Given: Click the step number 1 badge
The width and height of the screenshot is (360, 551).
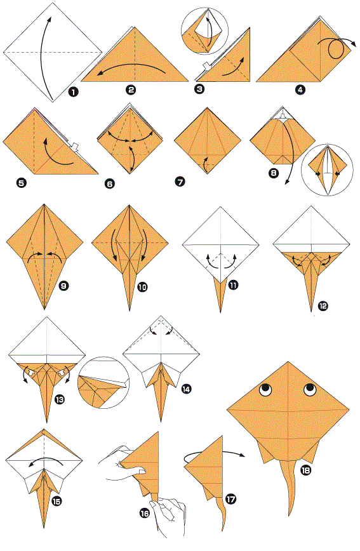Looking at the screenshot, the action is pos(74,92).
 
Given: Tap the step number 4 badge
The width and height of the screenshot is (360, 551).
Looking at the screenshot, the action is pos(300,90).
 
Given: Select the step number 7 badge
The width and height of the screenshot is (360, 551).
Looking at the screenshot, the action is pos(180,182).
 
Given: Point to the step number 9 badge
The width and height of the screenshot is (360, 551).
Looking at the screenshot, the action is pos(63,286).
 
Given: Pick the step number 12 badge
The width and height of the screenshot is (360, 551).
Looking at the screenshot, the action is pos(323,306).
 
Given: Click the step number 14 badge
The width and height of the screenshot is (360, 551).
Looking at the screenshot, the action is pos(186,389).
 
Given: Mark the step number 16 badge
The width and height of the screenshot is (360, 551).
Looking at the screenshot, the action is pos(145,514).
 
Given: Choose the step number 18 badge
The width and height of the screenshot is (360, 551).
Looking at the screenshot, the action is pos(306,470).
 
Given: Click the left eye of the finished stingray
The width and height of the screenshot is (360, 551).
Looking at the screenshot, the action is pos(266,389).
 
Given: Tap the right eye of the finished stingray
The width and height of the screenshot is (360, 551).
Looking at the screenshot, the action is pos(310,389).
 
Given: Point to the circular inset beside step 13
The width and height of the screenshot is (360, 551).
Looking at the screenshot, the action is pos(103,383).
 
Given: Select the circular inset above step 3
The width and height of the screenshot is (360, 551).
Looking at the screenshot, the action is pos(204,31).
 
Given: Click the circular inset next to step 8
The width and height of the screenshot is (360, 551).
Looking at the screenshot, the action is pos(328,169).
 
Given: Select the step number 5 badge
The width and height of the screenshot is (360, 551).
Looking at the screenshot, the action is pos(22,183).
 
